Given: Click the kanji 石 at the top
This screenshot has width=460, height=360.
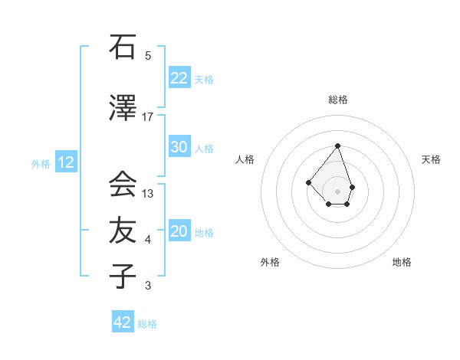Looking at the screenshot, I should point(123,47).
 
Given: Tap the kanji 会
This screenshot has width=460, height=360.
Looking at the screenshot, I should point(123,185).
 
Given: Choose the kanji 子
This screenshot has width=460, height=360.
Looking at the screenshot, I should point(123,277).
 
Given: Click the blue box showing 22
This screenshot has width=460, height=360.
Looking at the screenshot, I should point(179,78).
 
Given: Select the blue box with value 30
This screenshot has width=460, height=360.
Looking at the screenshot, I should point(179,147).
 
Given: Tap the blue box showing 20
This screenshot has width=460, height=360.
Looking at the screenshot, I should point(179,231).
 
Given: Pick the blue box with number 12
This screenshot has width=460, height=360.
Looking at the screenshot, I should point(65,162).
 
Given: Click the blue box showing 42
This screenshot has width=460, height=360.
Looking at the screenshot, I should point(123,322).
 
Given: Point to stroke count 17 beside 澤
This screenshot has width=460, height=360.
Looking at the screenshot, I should point(148,117).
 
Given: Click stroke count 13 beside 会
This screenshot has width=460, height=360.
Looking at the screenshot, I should point(148,194).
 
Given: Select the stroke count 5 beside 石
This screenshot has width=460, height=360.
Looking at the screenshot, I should point(148,56).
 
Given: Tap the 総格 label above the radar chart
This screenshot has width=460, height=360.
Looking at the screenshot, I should point(338,100).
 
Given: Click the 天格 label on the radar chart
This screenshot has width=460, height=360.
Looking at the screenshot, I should point(431,159).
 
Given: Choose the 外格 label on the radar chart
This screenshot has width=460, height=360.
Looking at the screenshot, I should point(270,262).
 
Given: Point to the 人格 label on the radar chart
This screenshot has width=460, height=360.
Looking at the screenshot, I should point(245,159).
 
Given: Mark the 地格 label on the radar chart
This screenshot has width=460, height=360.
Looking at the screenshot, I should point(402,262).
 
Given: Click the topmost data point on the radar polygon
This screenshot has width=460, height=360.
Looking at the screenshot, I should point(337,146).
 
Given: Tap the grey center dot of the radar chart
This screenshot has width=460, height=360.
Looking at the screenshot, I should point(337,191).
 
